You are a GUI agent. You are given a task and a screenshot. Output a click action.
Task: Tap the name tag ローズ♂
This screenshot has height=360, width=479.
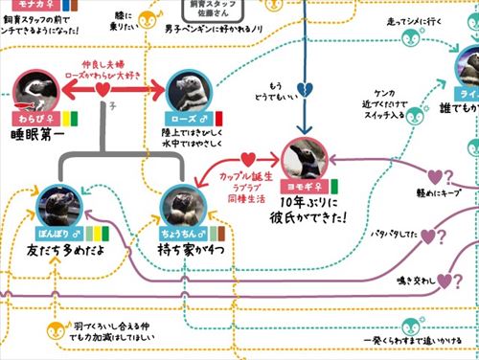(x=180, y=119)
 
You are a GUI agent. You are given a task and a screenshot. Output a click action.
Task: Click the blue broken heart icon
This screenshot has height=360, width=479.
(x=306, y=89)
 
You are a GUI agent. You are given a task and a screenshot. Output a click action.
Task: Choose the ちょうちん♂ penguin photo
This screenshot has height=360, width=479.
(x=181, y=203)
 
